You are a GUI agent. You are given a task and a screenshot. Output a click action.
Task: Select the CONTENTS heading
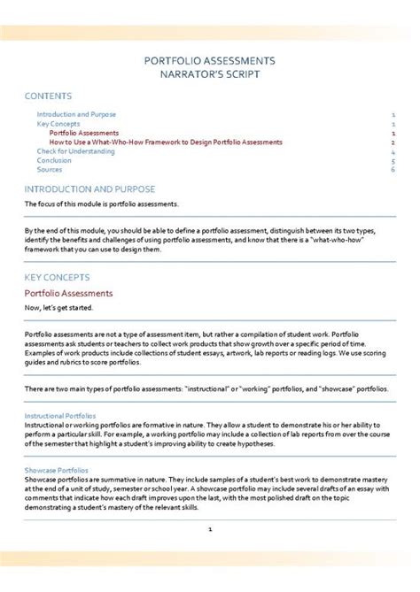tap(49, 96)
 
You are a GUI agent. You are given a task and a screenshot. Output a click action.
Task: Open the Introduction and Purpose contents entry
tap(76, 115)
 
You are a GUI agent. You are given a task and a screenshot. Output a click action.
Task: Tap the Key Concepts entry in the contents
tap(59, 124)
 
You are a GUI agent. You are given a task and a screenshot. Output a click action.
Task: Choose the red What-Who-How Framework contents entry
tap(166, 142)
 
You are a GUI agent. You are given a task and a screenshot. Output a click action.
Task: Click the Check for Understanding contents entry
tap(75, 151)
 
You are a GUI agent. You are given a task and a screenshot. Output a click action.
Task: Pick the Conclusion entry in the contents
tap(54, 160)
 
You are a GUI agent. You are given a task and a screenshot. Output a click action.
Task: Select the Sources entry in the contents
tap(50, 169)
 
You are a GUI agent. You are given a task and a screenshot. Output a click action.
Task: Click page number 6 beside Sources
tap(392, 169)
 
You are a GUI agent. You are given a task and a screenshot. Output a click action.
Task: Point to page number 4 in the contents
tap(392, 151)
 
